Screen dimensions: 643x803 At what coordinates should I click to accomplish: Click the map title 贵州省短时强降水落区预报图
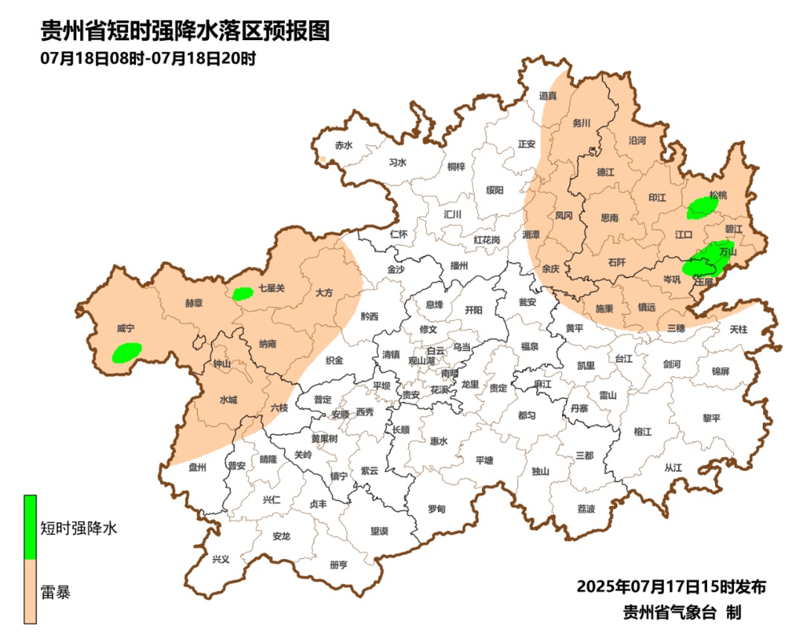click(x=184, y=31)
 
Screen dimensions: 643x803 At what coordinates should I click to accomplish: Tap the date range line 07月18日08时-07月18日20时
click(x=148, y=58)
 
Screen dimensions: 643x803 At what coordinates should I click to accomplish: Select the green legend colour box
click(x=30, y=527)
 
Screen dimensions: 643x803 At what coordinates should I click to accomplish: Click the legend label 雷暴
click(x=56, y=592)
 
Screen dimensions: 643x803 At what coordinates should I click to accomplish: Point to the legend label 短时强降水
click(x=79, y=529)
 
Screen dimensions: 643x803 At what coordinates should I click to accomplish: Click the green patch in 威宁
click(x=127, y=352)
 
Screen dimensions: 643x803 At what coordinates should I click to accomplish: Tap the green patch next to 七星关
click(x=242, y=293)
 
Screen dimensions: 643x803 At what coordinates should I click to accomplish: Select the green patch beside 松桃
click(x=701, y=208)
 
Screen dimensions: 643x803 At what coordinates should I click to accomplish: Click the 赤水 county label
click(x=343, y=145)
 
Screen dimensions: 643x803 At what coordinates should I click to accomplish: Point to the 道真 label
click(x=548, y=95)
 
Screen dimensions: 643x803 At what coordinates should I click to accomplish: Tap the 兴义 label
click(x=221, y=559)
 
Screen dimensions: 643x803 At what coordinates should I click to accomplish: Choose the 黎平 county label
click(x=712, y=418)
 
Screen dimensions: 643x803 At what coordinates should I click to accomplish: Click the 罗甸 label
click(x=436, y=509)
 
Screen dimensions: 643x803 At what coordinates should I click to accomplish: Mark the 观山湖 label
click(x=423, y=360)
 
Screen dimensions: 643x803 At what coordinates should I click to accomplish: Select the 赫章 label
click(x=195, y=303)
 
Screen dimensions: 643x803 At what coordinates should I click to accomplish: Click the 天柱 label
click(x=738, y=328)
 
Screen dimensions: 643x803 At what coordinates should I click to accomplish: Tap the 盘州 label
click(x=198, y=467)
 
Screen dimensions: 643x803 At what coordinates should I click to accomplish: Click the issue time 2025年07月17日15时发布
click(x=671, y=586)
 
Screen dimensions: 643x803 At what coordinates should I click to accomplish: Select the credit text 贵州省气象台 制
click(x=682, y=612)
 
